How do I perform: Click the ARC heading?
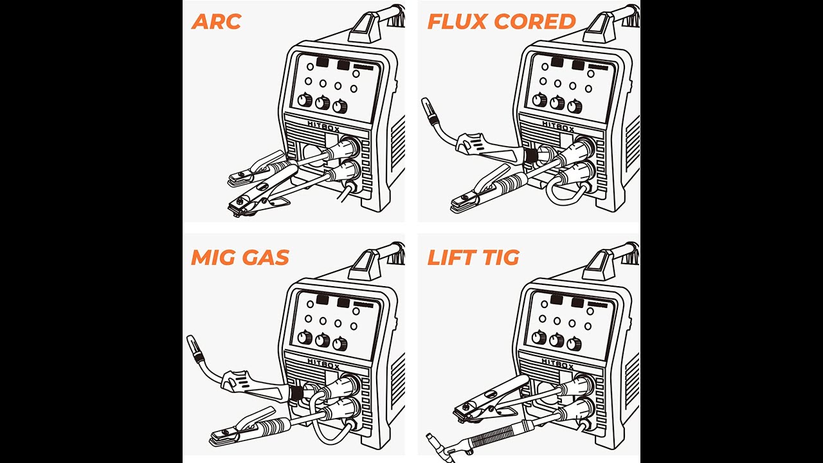[216, 21]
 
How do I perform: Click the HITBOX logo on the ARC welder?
[323, 127]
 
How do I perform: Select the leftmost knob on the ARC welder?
[305, 101]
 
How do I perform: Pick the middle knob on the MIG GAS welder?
[322, 340]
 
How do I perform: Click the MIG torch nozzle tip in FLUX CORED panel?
[426, 105]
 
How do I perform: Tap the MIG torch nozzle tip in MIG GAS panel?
[192, 341]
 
